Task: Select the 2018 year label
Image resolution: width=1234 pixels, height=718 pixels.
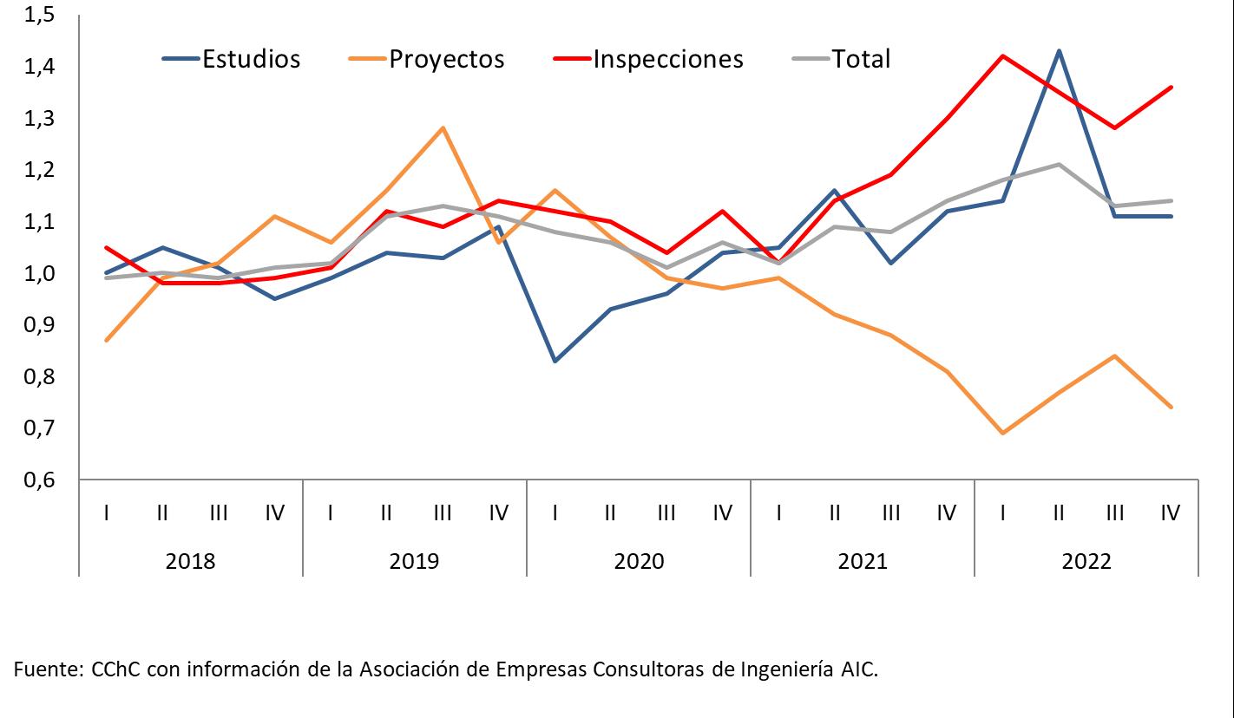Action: tap(190, 560)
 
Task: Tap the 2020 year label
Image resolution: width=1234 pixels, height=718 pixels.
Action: tap(639, 560)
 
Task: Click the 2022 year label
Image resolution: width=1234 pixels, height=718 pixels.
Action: tap(1086, 560)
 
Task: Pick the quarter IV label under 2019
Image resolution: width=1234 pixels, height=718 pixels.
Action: tap(498, 513)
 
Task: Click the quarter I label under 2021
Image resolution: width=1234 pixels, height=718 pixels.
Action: tap(778, 513)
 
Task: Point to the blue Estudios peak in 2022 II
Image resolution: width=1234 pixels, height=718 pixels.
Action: tap(1059, 51)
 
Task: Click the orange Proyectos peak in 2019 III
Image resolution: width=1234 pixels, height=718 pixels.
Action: tap(443, 128)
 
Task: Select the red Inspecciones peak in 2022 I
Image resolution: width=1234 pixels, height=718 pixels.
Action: tap(1003, 56)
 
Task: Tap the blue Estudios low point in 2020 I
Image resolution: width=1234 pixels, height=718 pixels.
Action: tap(555, 361)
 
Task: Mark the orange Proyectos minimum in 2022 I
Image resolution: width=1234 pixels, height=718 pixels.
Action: tap(1003, 433)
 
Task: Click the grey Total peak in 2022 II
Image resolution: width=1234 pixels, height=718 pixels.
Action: tap(1059, 164)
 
